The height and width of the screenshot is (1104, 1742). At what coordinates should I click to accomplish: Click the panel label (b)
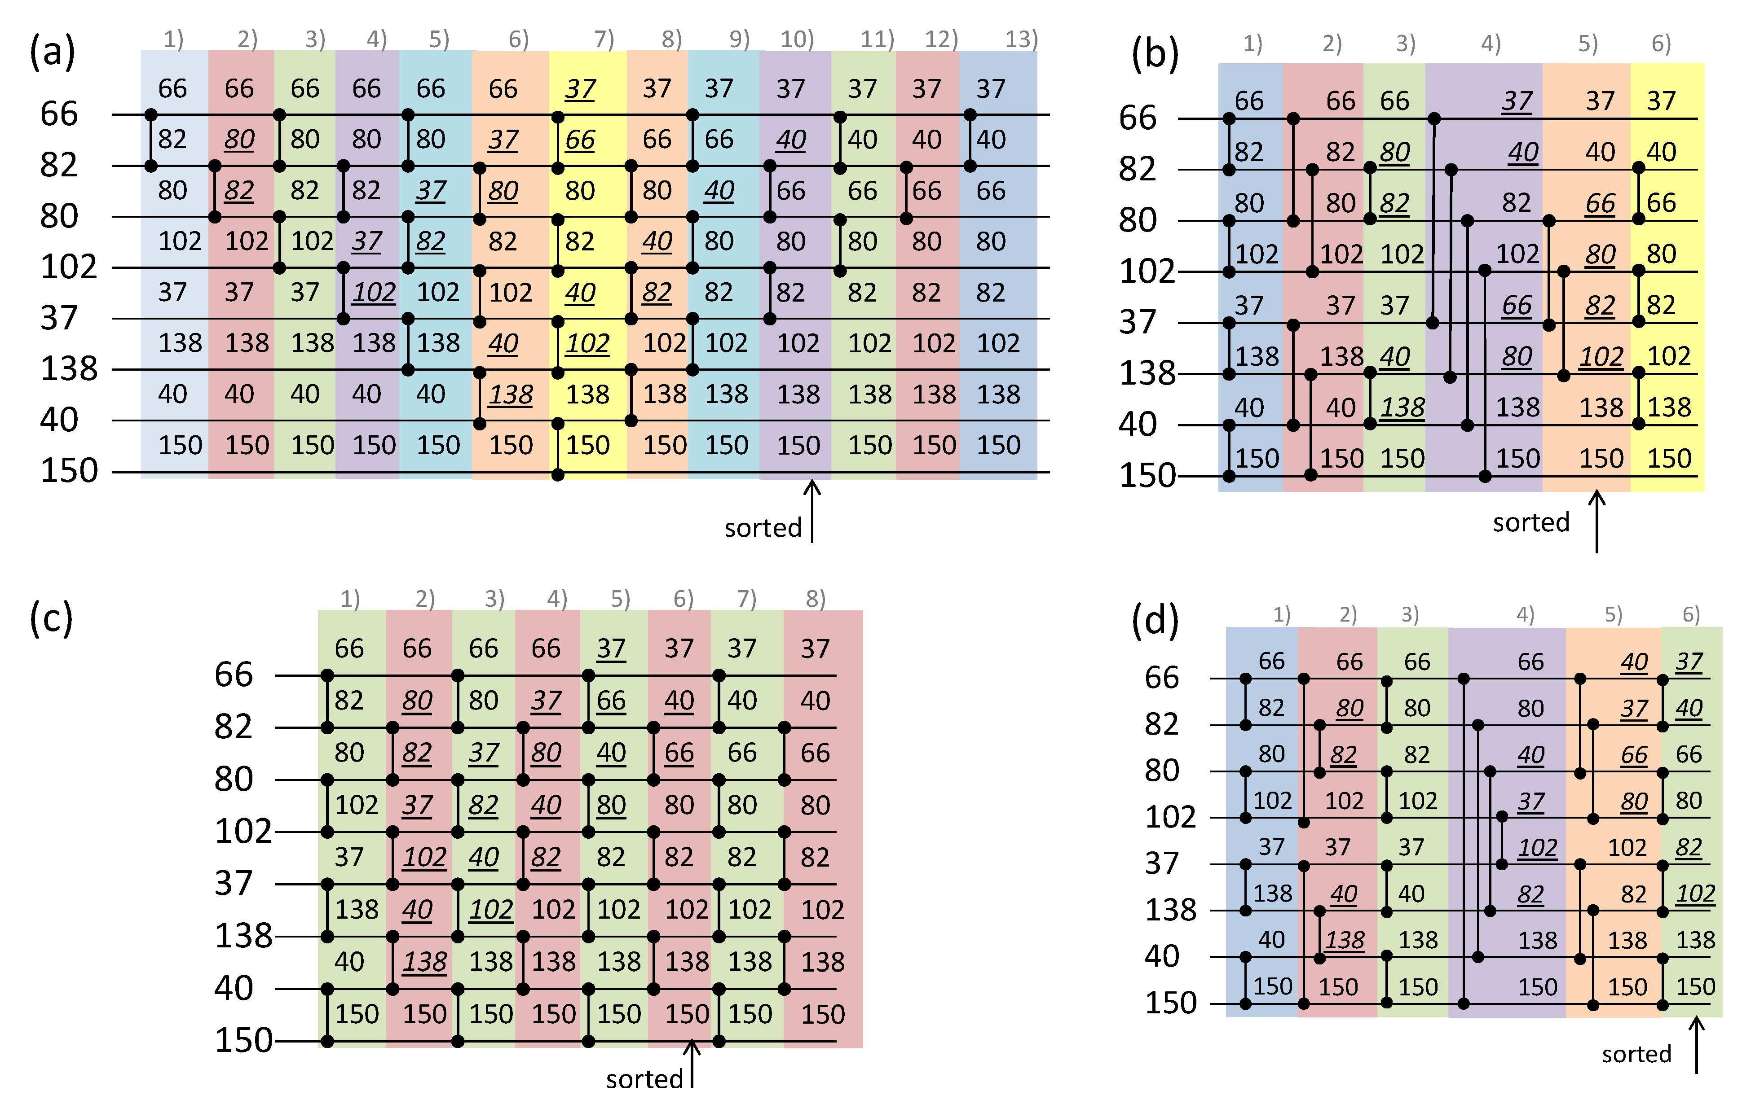(x=1155, y=55)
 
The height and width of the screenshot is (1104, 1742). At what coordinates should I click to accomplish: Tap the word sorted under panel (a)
(x=763, y=528)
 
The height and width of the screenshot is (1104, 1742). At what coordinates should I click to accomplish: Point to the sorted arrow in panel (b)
(x=1596, y=521)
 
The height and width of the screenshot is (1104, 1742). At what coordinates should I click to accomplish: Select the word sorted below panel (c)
(x=644, y=1079)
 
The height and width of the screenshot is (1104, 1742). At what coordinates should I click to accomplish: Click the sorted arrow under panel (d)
(x=1697, y=1045)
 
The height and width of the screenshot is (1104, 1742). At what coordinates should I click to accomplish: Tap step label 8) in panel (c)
(x=815, y=599)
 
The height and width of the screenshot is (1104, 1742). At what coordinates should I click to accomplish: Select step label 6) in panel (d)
(x=1691, y=614)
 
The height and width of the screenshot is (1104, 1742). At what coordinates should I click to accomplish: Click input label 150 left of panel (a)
(x=69, y=471)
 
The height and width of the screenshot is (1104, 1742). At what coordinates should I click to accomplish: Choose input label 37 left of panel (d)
(x=1162, y=863)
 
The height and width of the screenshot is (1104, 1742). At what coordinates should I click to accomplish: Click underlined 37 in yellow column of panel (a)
(x=580, y=89)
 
